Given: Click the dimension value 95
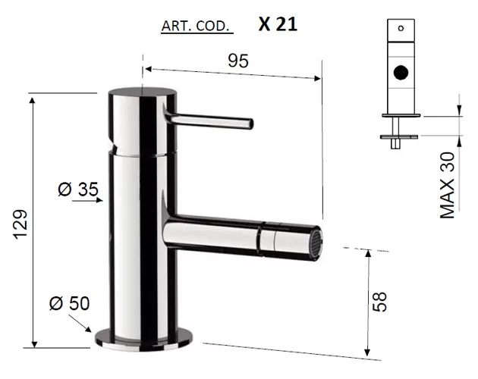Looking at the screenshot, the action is pyautogui.click(x=238, y=61).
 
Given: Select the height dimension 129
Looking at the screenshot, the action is pyautogui.click(x=20, y=224).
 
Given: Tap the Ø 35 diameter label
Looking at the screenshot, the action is pyautogui.click(x=78, y=189).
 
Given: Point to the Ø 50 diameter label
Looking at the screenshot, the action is pyautogui.click(x=70, y=303).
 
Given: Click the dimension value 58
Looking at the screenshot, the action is pyautogui.click(x=379, y=302).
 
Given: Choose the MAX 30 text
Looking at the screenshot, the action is pyautogui.click(x=447, y=185).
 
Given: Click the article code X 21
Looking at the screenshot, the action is pyautogui.click(x=278, y=24).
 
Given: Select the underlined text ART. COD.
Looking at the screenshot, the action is pyautogui.click(x=195, y=27).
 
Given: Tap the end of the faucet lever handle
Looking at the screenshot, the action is pyautogui.click(x=251, y=124).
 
